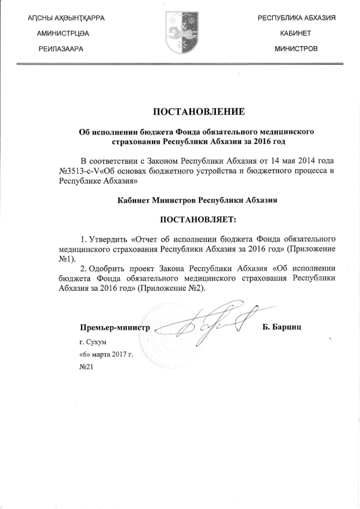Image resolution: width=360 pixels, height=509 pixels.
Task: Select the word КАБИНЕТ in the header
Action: pos(296,34)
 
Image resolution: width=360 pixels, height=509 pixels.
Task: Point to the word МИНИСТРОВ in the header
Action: pos(296,49)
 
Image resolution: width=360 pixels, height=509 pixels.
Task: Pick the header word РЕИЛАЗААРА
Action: pos(60,49)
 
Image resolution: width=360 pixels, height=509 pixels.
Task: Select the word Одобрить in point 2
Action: pos(110,268)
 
